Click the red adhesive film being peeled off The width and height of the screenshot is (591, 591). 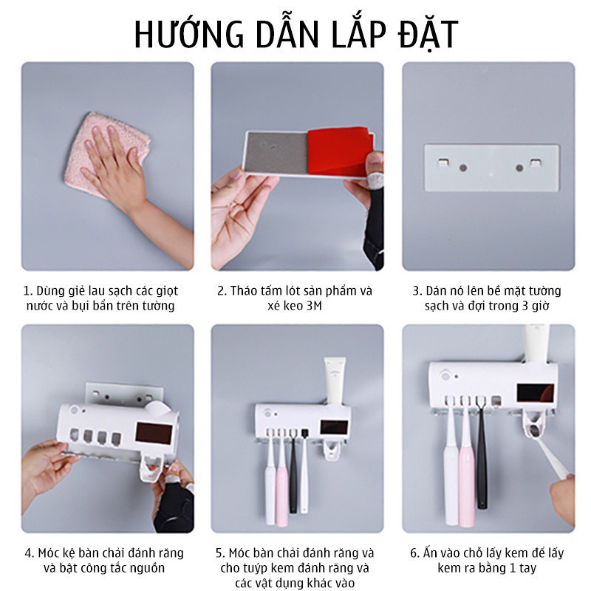(341, 151)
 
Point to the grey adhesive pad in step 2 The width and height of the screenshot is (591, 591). (276, 153)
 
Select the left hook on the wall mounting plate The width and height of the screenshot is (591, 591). (444, 163)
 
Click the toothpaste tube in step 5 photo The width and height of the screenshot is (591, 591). (335, 380)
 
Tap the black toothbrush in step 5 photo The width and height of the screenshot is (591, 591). (293, 472)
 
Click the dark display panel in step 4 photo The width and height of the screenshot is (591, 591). (154, 433)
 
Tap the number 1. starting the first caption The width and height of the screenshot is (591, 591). (28, 291)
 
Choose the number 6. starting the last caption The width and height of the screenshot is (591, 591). (414, 553)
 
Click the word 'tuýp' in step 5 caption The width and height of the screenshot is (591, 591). (256, 568)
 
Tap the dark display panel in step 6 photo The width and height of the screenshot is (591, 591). (536, 394)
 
